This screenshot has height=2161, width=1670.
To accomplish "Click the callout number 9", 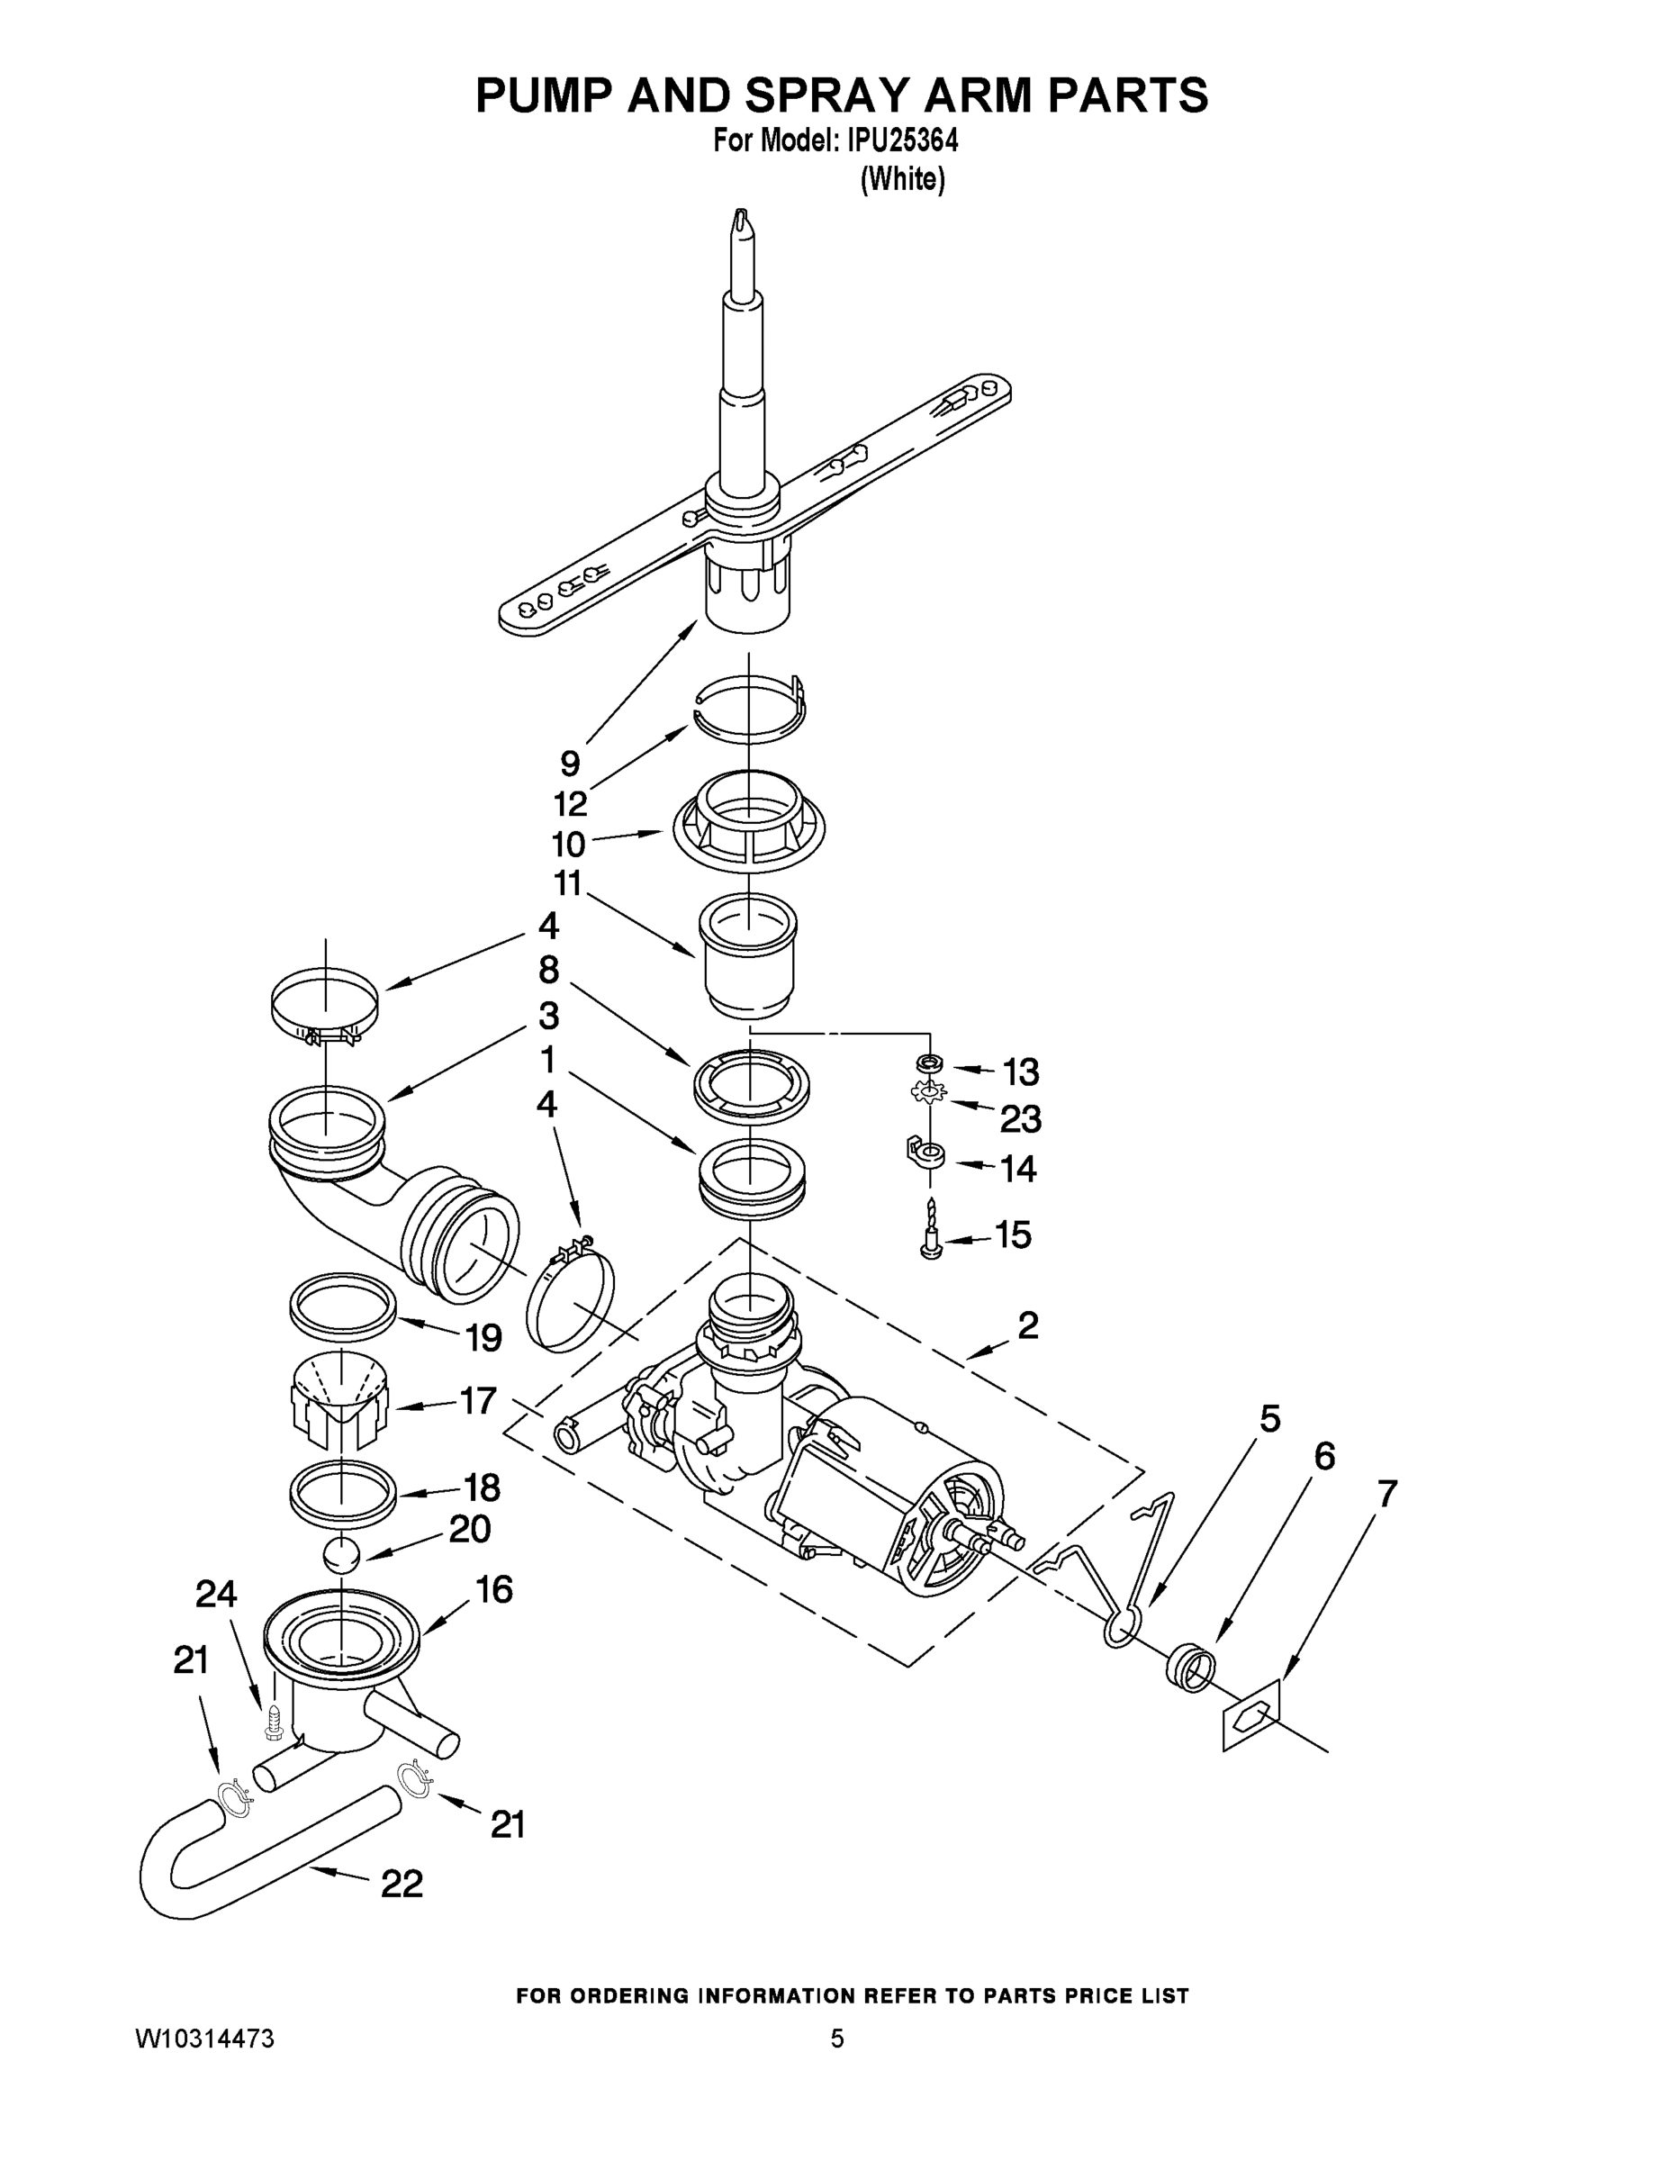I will pos(570,763).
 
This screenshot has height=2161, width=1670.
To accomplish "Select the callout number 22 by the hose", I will pos(402,1883).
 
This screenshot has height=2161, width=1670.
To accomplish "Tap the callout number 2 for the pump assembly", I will pos(1028,1326).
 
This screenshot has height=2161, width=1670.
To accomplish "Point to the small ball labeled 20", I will pos(341,1554).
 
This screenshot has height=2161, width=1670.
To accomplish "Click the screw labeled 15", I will pos(930,1233).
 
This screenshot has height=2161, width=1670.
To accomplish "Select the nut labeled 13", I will pos(930,1062).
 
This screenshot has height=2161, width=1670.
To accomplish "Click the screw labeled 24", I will pos(274,1722).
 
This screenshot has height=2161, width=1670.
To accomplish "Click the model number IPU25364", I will pos(902,140).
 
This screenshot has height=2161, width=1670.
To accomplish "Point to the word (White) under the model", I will pos(902,180).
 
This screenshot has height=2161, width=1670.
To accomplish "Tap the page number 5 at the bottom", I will pos(837,2039).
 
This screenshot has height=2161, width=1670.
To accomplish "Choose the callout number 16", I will pos(493,1589).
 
